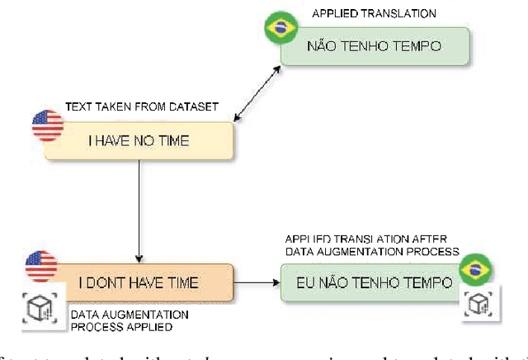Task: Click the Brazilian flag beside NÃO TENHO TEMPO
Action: click(280, 27)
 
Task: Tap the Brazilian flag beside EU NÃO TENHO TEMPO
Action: click(474, 268)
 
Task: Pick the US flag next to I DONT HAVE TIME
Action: click(40, 267)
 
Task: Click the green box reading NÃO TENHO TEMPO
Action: click(375, 46)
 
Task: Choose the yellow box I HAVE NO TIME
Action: click(139, 140)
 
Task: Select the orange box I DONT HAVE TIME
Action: click(139, 283)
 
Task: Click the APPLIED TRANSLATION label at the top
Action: click(374, 14)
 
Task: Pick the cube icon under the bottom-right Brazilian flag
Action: click(477, 304)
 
